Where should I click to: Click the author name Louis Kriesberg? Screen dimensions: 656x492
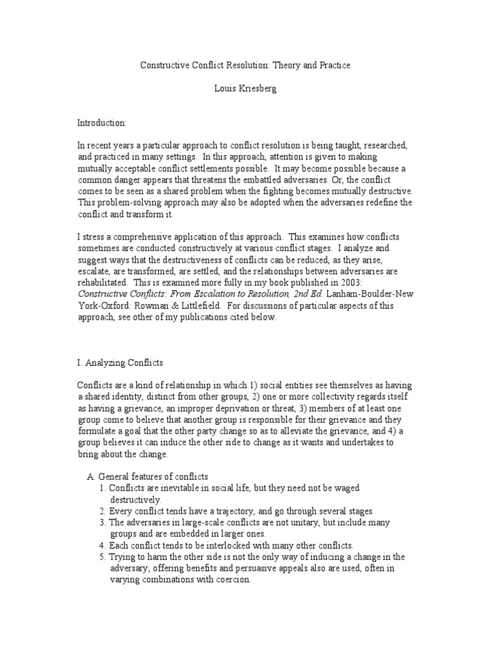245,88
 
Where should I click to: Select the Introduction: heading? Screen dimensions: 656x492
102,122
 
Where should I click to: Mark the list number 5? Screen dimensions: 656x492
102,557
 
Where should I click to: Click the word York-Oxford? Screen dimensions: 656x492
102,306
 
